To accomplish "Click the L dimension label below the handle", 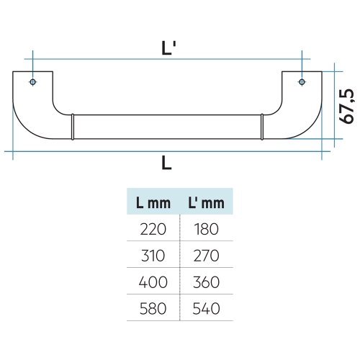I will pos(166,163).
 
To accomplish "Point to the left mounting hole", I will pos(32,83).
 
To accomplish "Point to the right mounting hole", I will pos(301,83).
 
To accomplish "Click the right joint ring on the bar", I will pos(261,127).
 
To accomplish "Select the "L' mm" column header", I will pos(206,204).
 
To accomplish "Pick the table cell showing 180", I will pos(206,230).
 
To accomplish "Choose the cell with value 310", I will pos(152,256).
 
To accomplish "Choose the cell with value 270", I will pos(206,256).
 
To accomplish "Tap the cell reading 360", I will pos(206,282).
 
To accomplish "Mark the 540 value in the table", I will pos(206,309).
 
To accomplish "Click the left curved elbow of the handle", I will pos(32,115).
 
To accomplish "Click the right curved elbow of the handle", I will pos(301,115).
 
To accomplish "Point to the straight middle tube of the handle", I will pos(167,127).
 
